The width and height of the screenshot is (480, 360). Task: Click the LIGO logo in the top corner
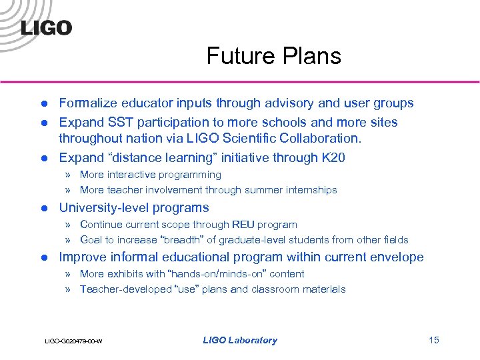pos(46,27)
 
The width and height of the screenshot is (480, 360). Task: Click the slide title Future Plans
pos(273,55)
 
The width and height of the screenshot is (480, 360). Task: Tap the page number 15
pos(434,340)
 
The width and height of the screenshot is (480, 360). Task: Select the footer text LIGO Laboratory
pos(239,340)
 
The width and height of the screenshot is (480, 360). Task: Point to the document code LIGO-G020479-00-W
pos(73,341)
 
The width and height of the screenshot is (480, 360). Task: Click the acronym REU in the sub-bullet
pos(243,225)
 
